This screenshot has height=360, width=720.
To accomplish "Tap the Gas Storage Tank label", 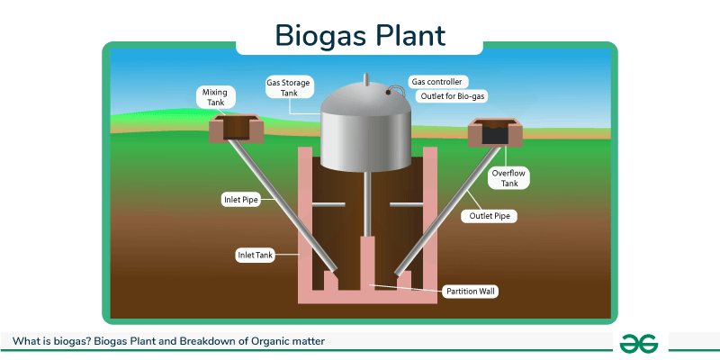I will point(287,86).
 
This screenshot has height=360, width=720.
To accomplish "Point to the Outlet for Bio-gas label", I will point(447,95).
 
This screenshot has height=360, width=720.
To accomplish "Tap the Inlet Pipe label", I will point(240,199).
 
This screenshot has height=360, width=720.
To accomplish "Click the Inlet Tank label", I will point(255,255).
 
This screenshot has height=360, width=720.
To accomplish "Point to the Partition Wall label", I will point(471,291).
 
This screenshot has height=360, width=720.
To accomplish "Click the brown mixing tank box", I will point(236,129).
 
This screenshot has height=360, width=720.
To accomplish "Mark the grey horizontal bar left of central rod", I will point(325,206).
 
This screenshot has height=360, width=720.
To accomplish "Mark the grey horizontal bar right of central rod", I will point(407,206).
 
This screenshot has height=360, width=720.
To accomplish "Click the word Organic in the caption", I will point(261,341).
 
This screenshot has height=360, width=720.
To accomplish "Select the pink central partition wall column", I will point(366,261).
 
